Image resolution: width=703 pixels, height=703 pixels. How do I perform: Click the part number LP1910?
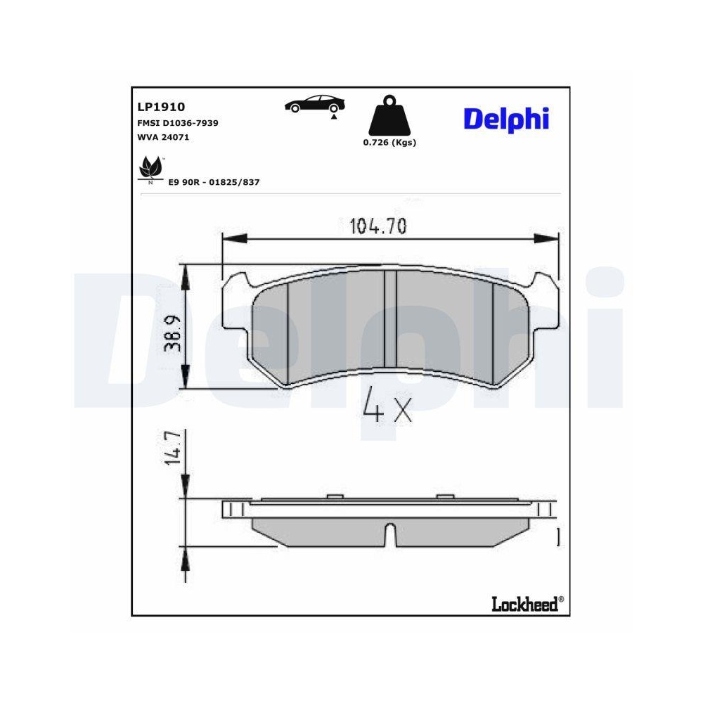[160, 107]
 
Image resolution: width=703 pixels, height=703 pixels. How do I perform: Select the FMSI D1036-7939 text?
[177, 123]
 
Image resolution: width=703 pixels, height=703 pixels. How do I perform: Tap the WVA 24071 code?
[162, 137]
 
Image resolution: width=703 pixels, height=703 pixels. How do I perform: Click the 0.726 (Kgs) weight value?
[389, 142]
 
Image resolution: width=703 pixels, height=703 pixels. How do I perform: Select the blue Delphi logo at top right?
[505, 118]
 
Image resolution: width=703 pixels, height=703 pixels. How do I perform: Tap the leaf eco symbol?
[149, 169]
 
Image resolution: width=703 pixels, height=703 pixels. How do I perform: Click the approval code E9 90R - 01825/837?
[214, 182]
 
